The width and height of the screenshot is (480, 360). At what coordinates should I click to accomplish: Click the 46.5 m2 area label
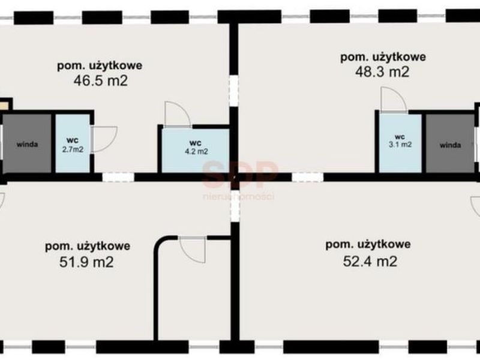(100, 81)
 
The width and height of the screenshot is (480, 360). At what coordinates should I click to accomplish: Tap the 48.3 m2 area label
(382, 72)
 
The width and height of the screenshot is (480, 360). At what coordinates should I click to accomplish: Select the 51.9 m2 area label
(86, 262)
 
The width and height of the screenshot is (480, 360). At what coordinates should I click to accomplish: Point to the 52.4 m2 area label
(370, 261)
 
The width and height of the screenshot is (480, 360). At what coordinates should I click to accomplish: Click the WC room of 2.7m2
(73, 143)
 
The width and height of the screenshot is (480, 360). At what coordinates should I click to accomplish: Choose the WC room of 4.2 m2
(196, 151)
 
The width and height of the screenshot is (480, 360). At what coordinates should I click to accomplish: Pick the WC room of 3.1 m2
(400, 143)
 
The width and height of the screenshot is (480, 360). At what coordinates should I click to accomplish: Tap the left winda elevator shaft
(27, 143)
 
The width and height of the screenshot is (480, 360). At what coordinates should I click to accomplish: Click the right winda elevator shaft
(450, 144)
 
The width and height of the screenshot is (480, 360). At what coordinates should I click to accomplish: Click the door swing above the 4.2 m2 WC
(178, 114)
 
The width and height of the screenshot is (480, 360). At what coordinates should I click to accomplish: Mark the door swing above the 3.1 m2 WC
(394, 100)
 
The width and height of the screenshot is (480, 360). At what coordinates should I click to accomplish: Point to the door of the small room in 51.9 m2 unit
(193, 250)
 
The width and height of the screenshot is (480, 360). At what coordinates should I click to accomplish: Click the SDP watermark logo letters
(239, 175)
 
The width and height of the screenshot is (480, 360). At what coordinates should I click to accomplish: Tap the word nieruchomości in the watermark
(238, 196)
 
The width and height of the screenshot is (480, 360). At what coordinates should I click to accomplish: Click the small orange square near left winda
(4, 106)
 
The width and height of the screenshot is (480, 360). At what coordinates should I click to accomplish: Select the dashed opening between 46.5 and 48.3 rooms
(234, 91)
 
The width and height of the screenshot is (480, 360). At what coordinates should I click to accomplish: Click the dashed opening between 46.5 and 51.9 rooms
(118, 177)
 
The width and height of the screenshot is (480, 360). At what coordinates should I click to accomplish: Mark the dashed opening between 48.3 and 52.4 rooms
(307, 177)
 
